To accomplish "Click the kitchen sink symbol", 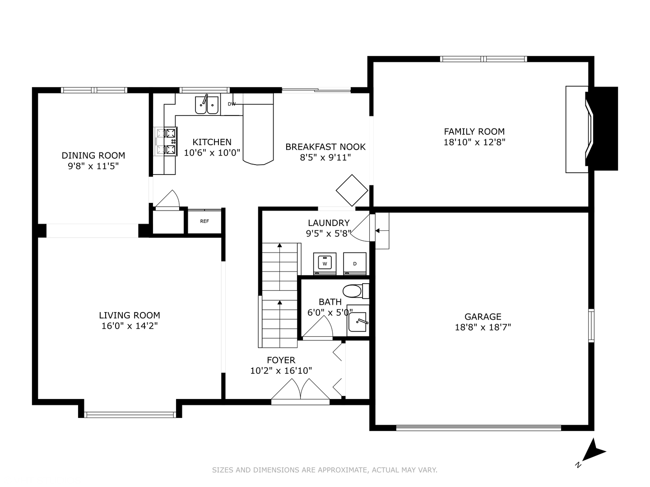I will tap(207, 105).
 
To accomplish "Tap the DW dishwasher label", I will tap(232, 104).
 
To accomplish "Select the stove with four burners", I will tap(166, 142).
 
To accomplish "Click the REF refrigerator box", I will tap(204, 221).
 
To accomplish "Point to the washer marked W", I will tap(325, 263).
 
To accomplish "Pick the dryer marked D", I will tap(355, 263).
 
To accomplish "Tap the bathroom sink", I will tap(358, 321).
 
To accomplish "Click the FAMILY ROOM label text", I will tap(474, 132).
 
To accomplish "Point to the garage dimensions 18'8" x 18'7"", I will tap(483, 327).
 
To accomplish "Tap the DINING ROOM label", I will tap(93, 156).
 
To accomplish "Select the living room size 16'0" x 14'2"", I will tap(130, 326).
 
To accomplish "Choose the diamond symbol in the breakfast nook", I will tap(352, 190).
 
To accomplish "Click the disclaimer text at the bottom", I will tap(325, 470).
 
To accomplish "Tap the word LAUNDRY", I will tap(329, 223).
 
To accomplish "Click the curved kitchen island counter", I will tap(258, 135).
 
